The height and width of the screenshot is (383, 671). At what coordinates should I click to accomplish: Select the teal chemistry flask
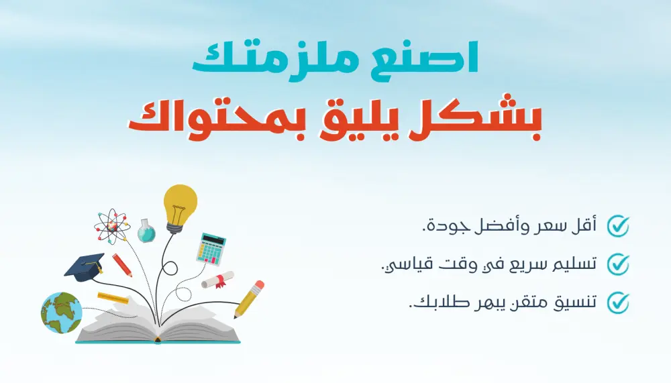coord(146,231)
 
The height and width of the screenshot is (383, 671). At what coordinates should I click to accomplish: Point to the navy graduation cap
coord(84,266)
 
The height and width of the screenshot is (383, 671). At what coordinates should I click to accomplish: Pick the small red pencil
coord(122,264)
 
